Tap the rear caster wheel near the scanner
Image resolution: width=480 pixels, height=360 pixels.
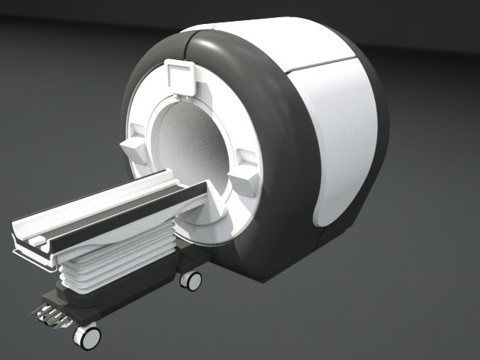point(191,280)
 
